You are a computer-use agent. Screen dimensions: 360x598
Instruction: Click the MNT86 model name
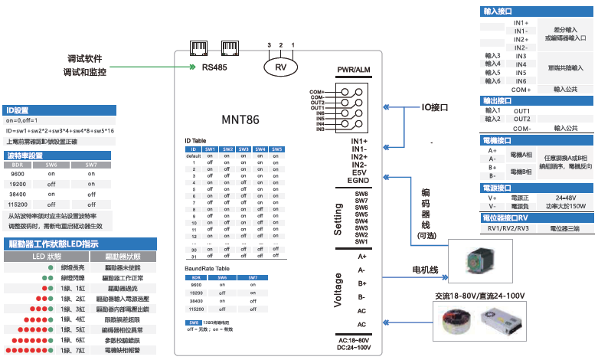240,119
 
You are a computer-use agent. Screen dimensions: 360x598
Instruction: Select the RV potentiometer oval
281,67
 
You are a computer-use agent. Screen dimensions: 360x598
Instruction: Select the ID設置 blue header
17,110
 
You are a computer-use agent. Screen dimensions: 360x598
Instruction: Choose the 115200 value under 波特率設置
18,205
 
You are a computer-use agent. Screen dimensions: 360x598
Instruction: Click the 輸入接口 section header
498,13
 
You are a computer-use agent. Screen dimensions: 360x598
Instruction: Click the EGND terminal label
358,181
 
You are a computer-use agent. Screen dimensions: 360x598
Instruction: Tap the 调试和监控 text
84,72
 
